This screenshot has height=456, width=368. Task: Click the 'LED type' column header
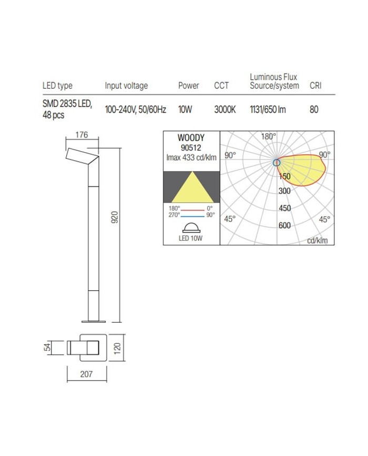[57, 86]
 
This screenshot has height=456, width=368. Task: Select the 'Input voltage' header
[126, 86]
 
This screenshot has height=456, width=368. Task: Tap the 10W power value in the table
[185, 110]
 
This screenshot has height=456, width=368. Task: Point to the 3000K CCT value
[225, 110]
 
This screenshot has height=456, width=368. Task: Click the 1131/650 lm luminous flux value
[268, 110]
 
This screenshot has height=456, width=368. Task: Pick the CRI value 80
[314, 110]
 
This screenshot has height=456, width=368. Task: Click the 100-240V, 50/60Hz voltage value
[136, 110]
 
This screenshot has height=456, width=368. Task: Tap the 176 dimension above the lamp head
[81, 135]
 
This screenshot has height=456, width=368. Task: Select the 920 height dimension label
[115, 217]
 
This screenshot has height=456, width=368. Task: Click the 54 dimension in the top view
[47, 347]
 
